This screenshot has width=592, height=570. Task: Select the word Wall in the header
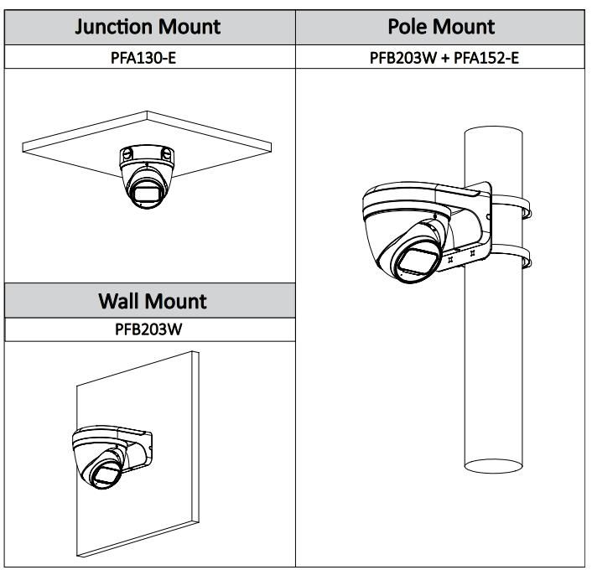[122, 300]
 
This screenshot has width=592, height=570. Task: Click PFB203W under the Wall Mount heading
[148, 329]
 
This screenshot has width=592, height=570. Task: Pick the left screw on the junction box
[127, 154]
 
